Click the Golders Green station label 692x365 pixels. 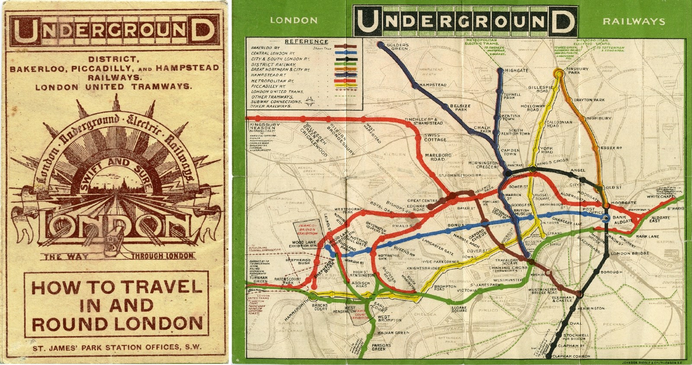tap(397, 47)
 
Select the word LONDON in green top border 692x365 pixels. tap(293, 20)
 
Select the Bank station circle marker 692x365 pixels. tap(606, 219)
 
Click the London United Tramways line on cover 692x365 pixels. tap(112, 87)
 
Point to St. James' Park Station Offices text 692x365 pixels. tap(117, 347)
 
